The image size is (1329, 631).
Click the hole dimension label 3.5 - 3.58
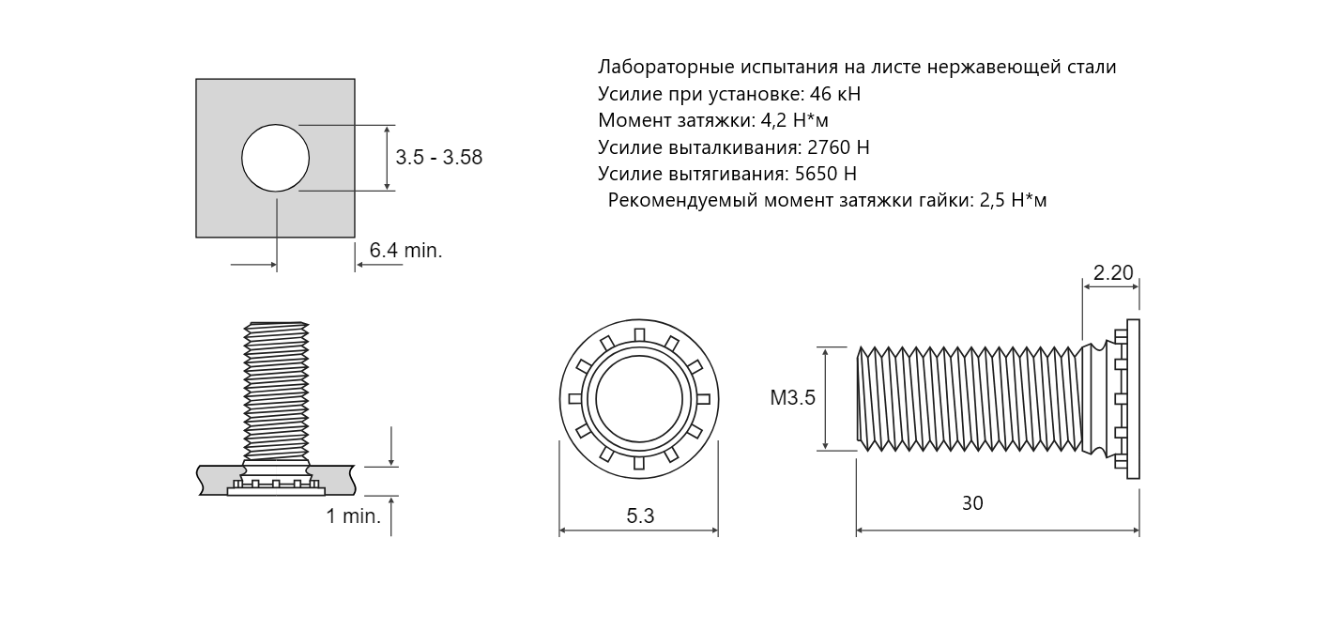pos(439,158)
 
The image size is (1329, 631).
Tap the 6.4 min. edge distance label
pos(405,251)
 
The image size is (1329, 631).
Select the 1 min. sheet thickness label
pos(354,516)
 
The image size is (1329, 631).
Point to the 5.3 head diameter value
pos(640,516)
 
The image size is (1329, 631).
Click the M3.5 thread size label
pos(793,398)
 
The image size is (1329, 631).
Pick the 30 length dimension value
pos(972,503)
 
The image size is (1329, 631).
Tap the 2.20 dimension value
pos(1113,273)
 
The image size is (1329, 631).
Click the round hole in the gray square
pos(275,158)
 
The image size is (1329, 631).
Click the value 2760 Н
pos(838,147)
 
